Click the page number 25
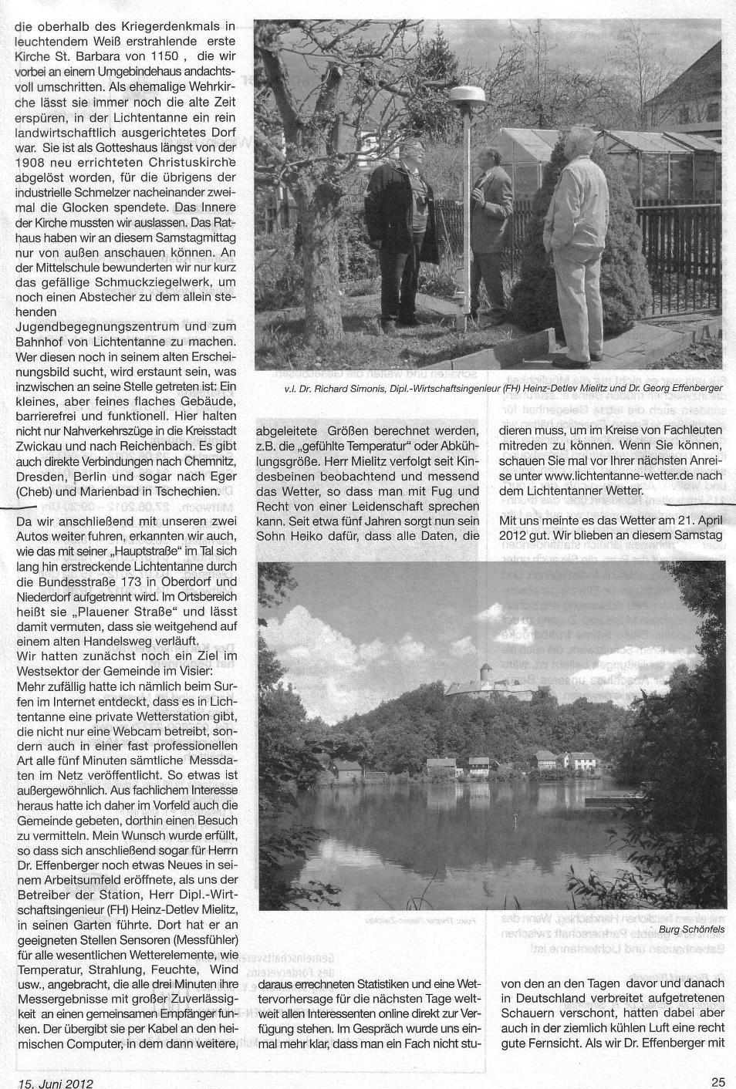point(717,1081)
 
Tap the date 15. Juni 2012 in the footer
point(52,1082)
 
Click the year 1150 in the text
point(163,57)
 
